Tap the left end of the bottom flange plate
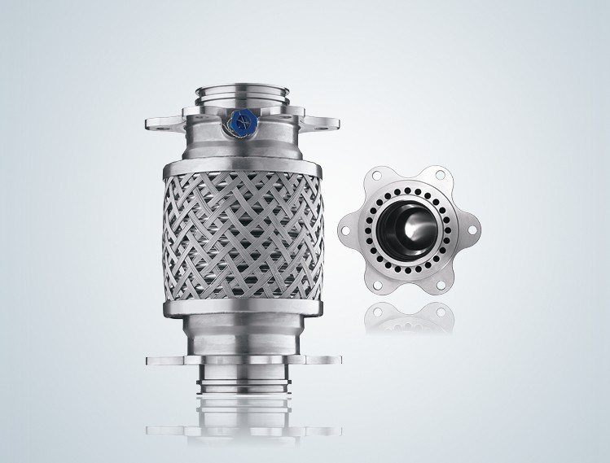pos(157,359)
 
